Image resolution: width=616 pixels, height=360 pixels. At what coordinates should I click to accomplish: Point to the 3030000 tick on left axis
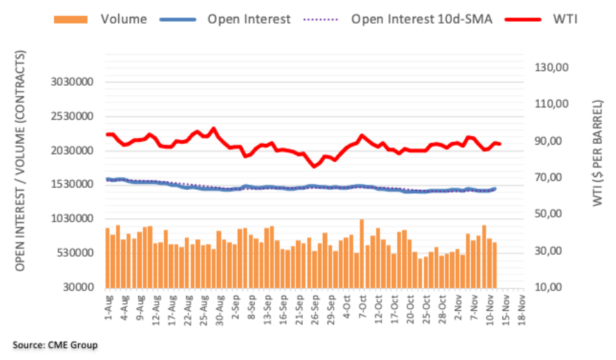(x=73, y=82)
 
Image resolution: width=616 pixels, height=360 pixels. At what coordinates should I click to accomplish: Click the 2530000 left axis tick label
(x=73, y=116)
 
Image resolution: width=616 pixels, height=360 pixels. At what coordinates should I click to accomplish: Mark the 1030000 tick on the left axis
(x=73, y=219)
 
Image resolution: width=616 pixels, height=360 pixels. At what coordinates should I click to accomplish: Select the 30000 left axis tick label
(x=79, y=287)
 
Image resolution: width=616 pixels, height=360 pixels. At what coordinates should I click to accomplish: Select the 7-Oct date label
(x=362, y=307)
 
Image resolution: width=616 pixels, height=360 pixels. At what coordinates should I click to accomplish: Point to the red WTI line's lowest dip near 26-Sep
(x=314, y=165)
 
